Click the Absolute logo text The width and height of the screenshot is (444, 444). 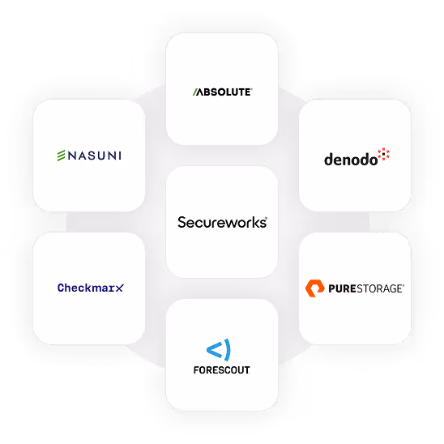(223, 92)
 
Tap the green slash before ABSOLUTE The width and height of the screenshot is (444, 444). (195, 92)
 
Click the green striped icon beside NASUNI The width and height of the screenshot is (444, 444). (61, 156)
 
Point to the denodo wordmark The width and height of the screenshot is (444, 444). (351, 160)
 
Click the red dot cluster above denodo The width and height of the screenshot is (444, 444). (384, 154)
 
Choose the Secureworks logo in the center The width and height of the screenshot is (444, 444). (222, 222)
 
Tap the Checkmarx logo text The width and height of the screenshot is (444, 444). (91, 288)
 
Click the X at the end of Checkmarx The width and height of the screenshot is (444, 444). (120, 288)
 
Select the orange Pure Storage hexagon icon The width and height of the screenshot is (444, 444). (314, 288)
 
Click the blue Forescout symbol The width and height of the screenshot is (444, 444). (219, 350)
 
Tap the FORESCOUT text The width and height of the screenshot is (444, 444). (222, 370)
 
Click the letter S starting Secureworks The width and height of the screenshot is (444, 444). (181, 222)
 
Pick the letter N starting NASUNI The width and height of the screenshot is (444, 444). (72, 156)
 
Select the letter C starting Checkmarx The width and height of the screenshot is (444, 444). (61, 288)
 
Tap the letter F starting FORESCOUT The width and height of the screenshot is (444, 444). (197, 370)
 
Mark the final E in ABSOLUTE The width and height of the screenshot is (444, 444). (247, 92)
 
